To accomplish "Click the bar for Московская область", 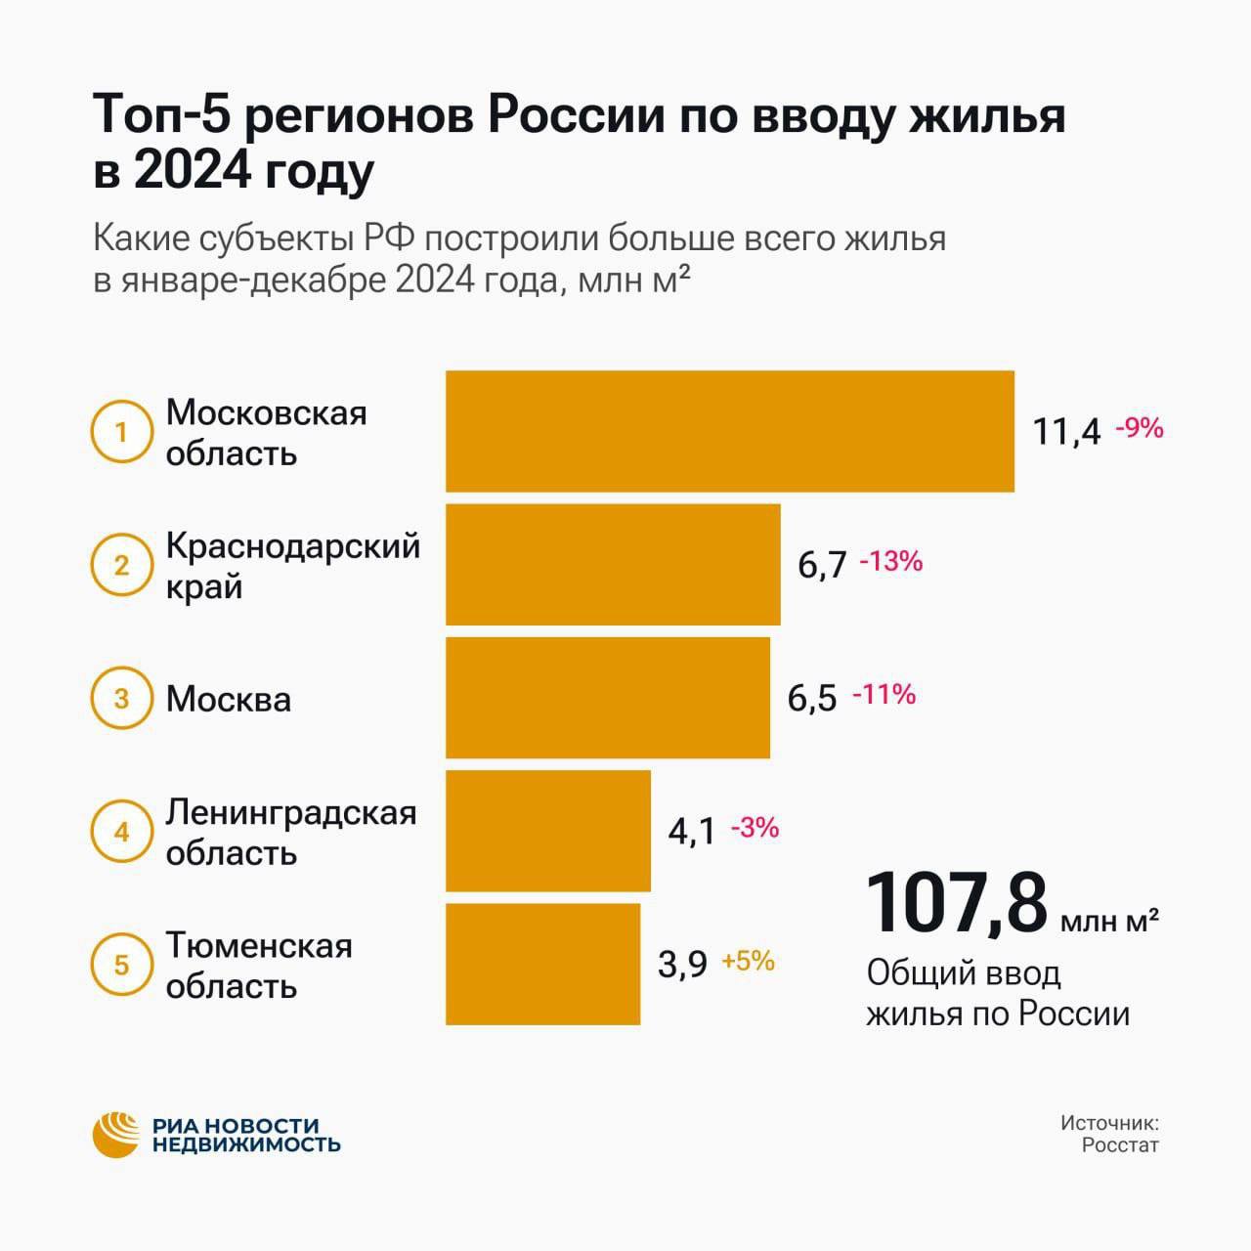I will click(x=729, y=431).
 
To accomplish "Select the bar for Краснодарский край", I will click(x=613, y=564).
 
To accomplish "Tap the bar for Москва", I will click(x=607, y=697).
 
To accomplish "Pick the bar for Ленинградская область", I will click(x=547, y=830).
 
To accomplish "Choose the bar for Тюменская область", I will click(x=542, y=964).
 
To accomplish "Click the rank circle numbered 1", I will click(x=121, y=431).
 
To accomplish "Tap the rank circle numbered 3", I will click(x=121, y=698).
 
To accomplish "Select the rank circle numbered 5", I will click(x=121, y=965).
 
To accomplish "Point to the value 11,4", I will click(x=1066, y=431).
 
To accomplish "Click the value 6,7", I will click(x=822, y=564).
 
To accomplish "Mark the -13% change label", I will click(x=890, y=561).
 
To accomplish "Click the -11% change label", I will click(x=884, y=694).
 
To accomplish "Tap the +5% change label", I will click(x=748, y=961).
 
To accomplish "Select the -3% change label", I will click(x=755, y=828).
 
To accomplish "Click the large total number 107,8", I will click(x=957, y=904).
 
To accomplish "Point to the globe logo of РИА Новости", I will click(x=116, y=1135).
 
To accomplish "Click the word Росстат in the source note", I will click(x=1119, y=1145).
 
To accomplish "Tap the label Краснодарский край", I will click(x=291, y=565).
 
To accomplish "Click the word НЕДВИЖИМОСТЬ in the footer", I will click(x=246, y=1144).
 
